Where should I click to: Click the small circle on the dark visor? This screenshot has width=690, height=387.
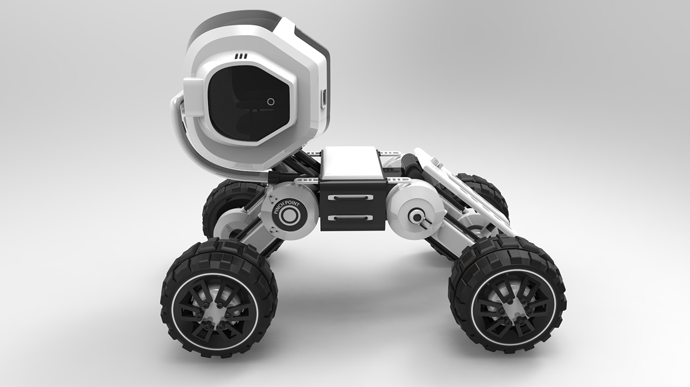(271, 101)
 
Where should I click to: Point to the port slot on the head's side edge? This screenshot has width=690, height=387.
(323, 97)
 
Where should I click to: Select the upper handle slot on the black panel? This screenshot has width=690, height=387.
(350, 197)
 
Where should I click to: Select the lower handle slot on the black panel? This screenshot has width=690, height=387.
(350, 218)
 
